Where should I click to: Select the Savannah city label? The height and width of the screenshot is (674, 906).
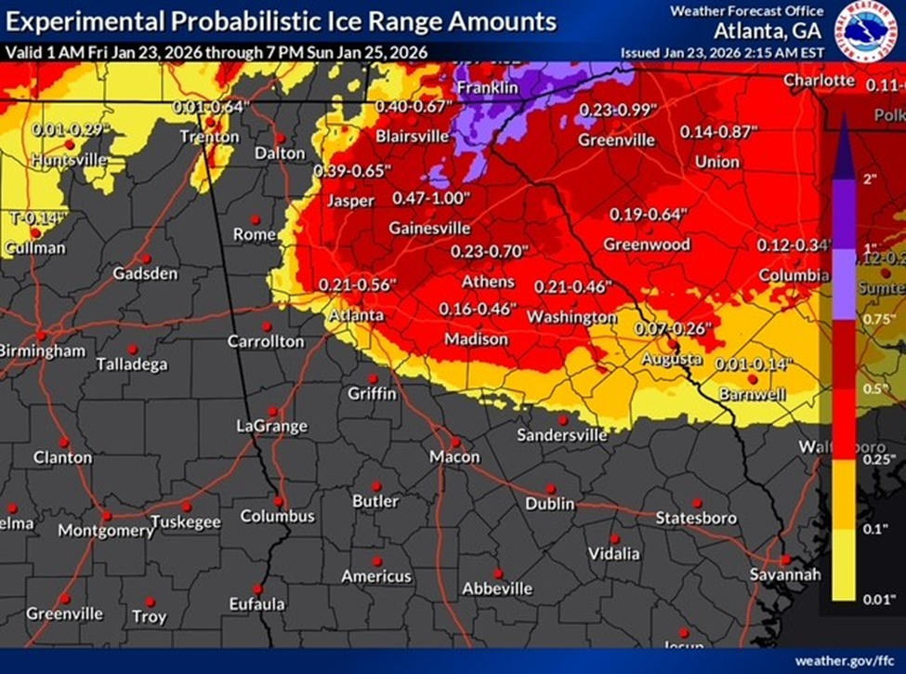(785, 575)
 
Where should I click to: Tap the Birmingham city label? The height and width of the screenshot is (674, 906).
(42, 350)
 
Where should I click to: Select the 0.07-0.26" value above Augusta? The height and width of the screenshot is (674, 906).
(672, 329)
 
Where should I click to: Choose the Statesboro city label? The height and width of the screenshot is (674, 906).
(696, 518)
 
